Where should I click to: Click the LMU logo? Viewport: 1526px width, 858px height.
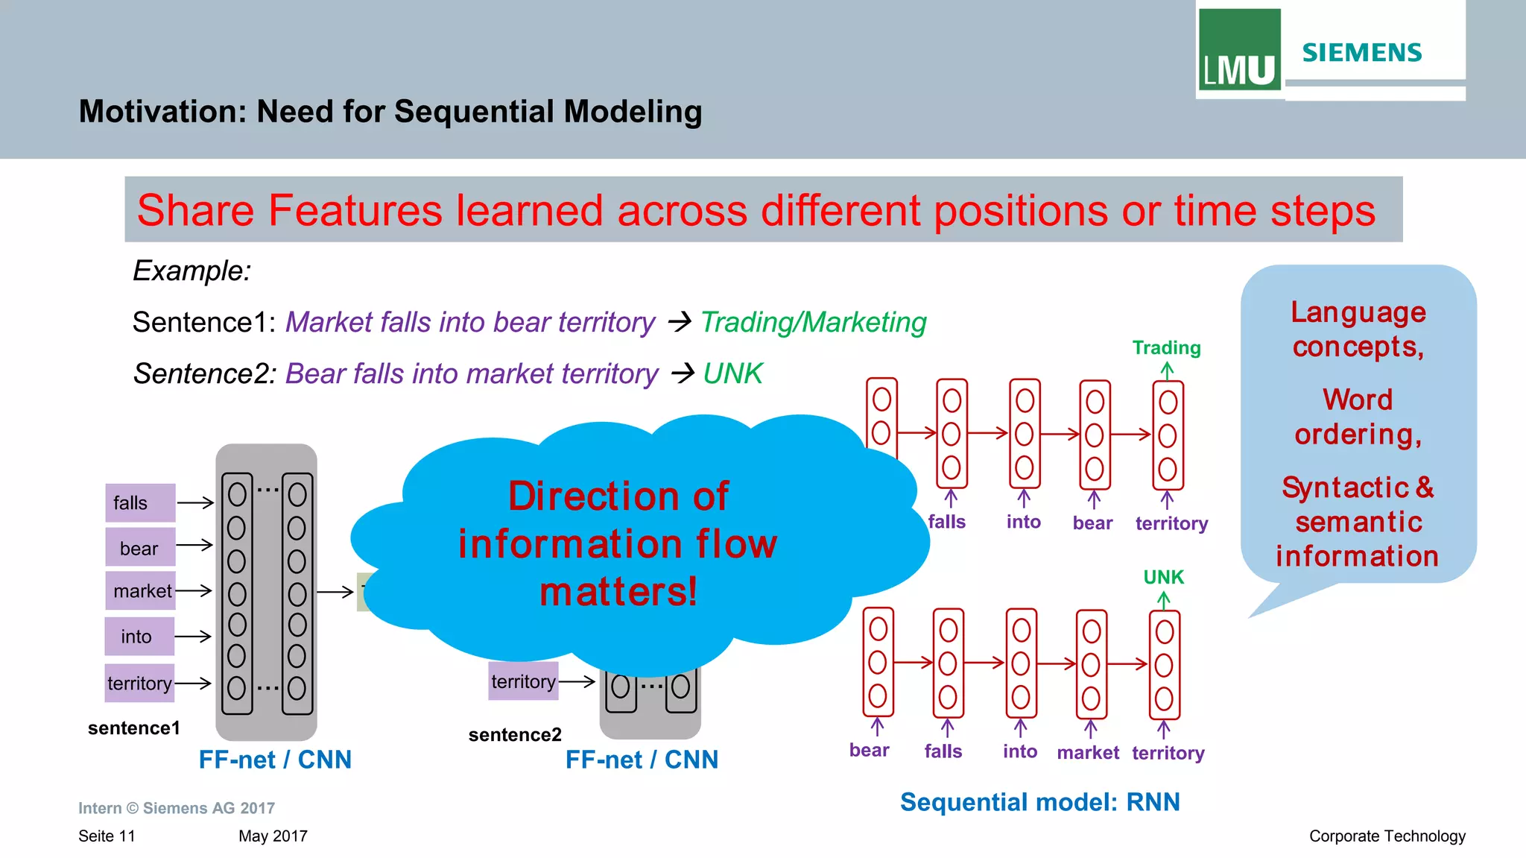(x=1239, y=51)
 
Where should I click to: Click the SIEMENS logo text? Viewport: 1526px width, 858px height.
(x=1361, y=53)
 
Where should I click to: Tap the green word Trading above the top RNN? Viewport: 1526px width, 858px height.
(x=1166, y=348)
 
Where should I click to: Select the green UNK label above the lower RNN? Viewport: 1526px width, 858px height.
(x=1163, y=578)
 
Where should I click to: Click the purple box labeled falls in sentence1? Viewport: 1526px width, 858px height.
(x=139, y=503)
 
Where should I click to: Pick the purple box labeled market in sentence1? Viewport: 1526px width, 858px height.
(x=141, y=591)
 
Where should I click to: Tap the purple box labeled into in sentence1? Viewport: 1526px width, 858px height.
(x=139, y=637)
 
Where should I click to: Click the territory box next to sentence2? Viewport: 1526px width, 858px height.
(x=523, y=681)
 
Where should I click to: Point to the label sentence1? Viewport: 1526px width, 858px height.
(x=133, y=728)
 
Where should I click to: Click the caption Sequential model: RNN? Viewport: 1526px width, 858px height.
(x=1039, y=802)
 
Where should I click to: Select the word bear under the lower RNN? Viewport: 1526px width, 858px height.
(x=869, y=751)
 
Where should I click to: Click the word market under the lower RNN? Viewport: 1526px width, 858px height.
(x=1087, y=753)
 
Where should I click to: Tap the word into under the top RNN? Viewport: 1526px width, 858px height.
(x=1023, y=522)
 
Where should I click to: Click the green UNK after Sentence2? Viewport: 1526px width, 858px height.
(x=732, y=373)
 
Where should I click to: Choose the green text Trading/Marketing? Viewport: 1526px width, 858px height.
(x=813, y=322)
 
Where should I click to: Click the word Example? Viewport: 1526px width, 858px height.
(x=191, y=271)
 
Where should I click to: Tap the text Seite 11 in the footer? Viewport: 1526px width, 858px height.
(x=107, y=836)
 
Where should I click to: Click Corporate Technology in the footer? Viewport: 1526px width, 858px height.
(x=1387, y=836)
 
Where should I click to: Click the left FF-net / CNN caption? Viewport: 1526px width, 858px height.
(x=275, y=760)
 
